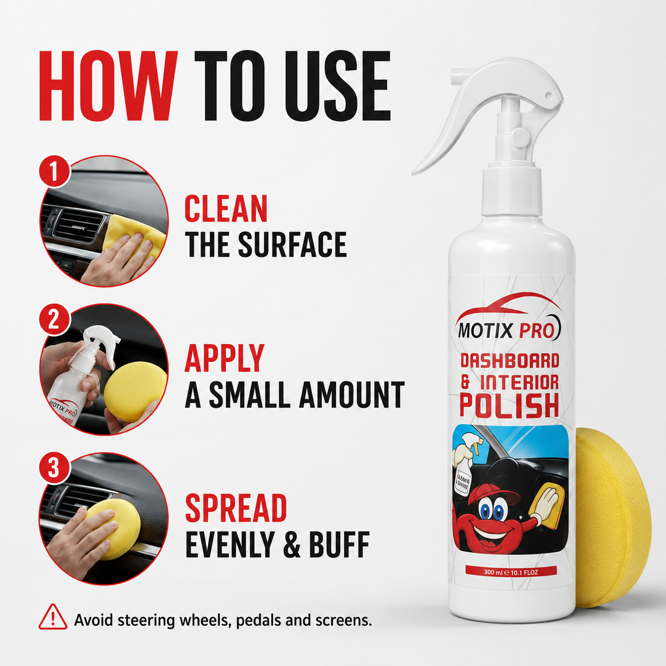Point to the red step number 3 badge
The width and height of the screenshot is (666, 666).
click(x=54, y=469)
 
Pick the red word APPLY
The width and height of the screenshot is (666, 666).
click(x=225, y=358)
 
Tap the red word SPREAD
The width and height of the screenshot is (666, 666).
click(x=236, y=507)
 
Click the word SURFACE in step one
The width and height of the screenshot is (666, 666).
click(x=292, y=244)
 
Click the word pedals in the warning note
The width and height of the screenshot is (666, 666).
click(x=258, y=620)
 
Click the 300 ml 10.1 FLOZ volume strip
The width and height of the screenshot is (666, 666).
click(x=511, y=572)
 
